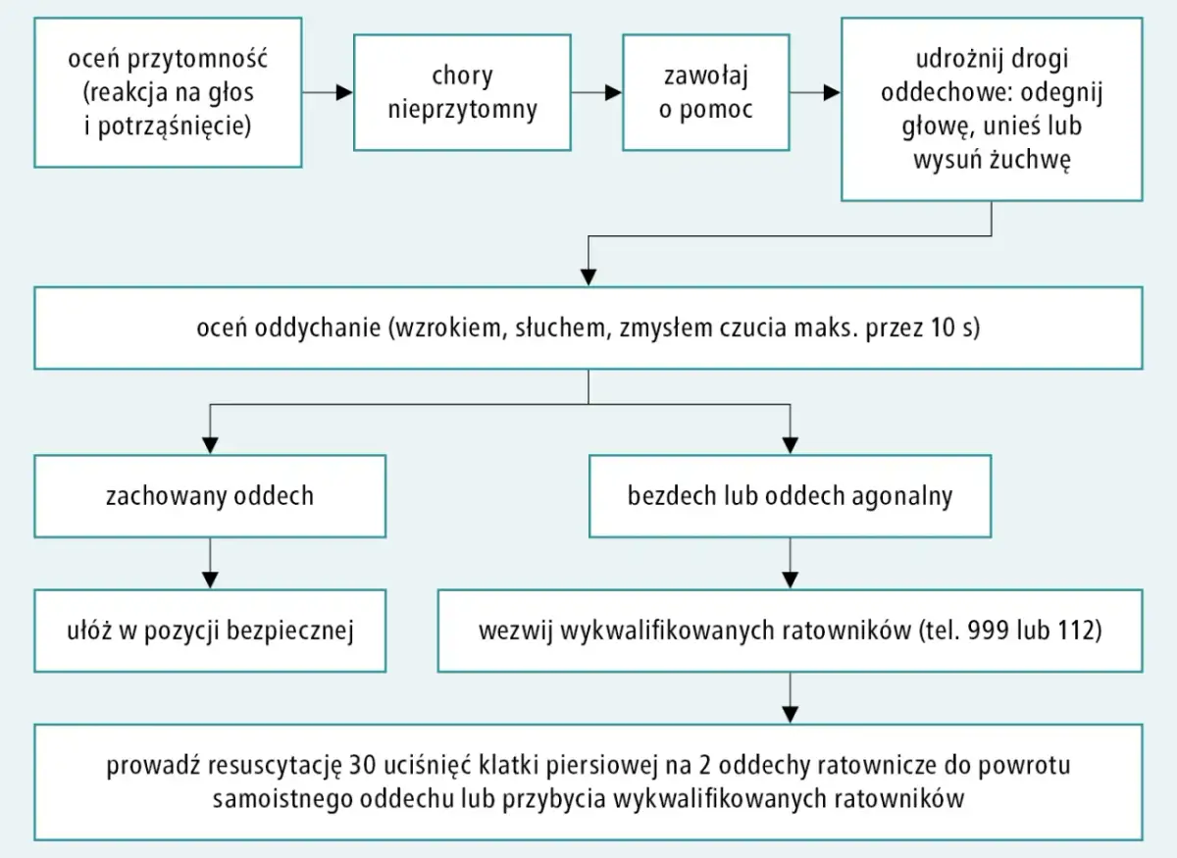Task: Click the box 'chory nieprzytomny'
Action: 462,92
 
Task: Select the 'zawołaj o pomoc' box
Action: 705,92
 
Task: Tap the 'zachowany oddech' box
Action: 209,495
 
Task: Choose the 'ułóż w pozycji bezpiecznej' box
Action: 209,630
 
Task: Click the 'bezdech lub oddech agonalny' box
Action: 790,495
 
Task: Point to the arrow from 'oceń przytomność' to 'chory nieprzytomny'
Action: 328,93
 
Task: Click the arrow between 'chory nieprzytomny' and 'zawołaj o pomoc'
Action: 596,93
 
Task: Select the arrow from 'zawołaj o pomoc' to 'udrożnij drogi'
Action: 815,93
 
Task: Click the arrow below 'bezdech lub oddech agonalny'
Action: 790,563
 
